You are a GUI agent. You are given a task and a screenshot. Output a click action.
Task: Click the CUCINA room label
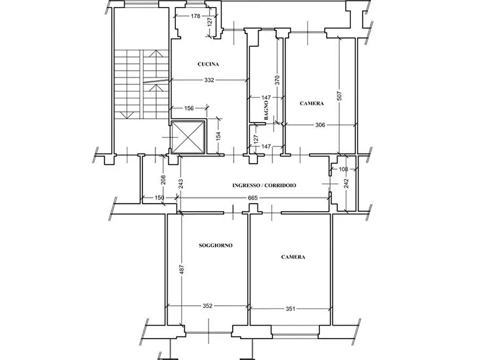click(208, 64)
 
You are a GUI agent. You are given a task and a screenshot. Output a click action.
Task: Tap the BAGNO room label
click(266, 110)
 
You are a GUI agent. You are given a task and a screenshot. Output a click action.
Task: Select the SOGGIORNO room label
click(216, 245)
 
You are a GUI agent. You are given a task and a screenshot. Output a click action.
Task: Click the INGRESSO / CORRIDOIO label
click(264, 185)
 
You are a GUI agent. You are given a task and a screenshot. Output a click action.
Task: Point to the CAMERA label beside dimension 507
click(312, 104)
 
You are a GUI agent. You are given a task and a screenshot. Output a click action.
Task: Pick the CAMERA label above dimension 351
click(293, 257)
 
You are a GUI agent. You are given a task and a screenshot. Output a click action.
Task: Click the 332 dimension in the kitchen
click(209, 80)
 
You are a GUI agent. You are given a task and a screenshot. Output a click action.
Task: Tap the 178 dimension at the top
click(195, 16)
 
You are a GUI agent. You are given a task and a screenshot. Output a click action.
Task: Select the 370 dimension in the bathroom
click(277, 80)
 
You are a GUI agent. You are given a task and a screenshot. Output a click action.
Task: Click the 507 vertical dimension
click(339, 96)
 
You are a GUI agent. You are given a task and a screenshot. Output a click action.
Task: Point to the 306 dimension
click(320, 125)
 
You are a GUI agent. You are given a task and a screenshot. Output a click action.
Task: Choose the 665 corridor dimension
click(253, 198)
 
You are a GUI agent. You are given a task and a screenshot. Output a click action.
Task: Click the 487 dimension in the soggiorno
click(182, 270)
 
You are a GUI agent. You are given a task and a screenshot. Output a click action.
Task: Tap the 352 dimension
click(207, 306)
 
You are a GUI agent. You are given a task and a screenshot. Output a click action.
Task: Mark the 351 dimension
click(290, 309)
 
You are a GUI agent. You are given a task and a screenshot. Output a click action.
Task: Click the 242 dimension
click(346, 184)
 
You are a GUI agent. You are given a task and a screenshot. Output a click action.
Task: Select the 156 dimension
click(189, 108)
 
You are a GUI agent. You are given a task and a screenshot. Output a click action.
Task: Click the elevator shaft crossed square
click(188, 137)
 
